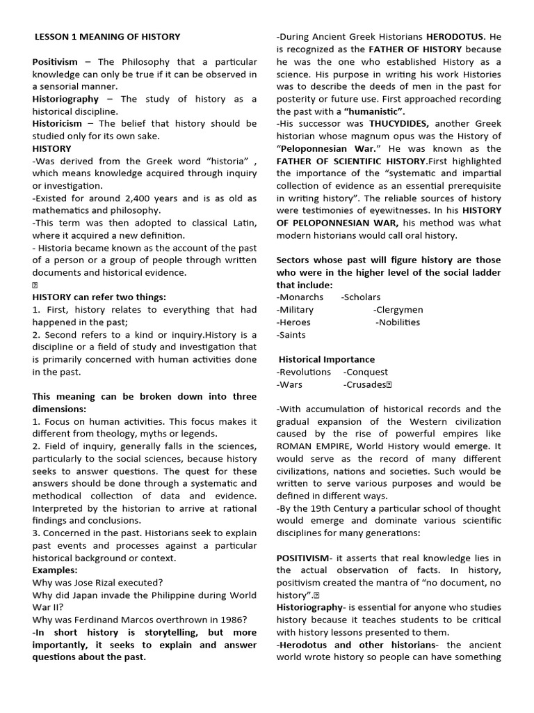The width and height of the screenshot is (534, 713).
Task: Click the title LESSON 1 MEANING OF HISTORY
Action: [x=108, y=36]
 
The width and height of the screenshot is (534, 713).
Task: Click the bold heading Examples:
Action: [x=55, y=570]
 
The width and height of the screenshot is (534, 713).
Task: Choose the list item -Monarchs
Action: [x=300, y=297]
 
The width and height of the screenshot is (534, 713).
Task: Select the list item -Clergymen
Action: [x=398, y=310]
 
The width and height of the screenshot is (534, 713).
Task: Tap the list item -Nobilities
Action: [x=398, y=322]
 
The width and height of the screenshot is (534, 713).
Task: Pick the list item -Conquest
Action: [x=367, y=373]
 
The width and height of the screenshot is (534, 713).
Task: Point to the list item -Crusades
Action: [x=366, y=385]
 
